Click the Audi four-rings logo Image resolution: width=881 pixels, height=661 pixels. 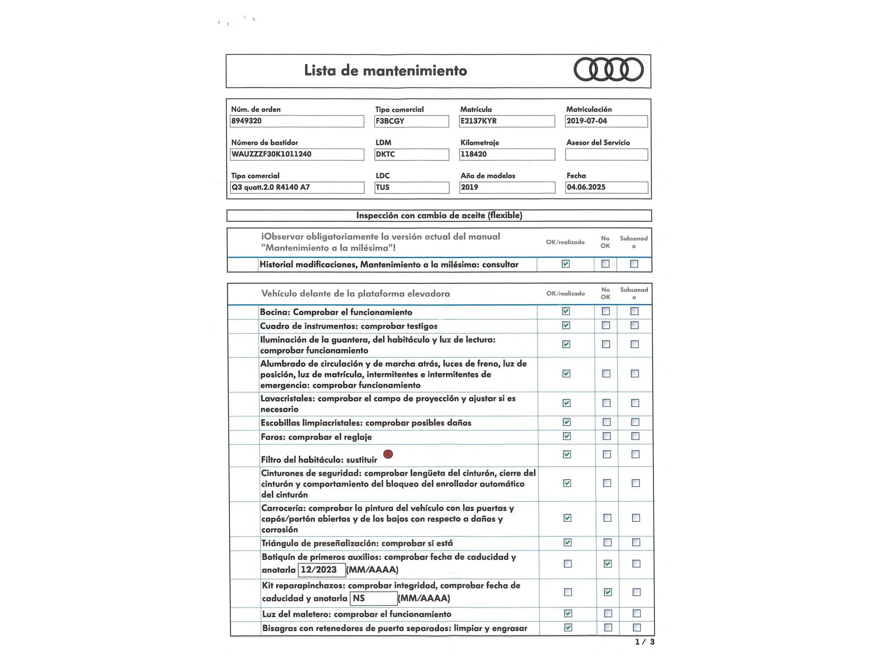tap(608, 70)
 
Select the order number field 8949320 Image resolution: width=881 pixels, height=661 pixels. tap(296, 121)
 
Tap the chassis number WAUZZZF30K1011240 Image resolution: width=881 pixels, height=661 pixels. tap(297, 154)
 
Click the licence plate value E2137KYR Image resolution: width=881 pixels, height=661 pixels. tap(507, 121)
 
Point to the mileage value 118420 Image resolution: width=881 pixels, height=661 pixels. tap(507, 154)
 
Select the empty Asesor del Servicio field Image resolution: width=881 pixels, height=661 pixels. tap(606, 154)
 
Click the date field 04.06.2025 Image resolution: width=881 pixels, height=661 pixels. tap(606, 187)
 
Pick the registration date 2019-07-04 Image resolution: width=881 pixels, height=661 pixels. tap(606, 121)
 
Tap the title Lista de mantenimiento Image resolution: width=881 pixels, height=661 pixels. tap(385, 71)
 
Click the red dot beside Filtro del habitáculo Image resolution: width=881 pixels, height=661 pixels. tap(388, 454)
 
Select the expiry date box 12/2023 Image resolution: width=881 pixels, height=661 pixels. tap(322, 570)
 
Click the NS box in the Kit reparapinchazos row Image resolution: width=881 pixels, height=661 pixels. tap(374, 598)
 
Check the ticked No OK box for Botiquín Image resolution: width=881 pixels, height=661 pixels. tap(607, 564)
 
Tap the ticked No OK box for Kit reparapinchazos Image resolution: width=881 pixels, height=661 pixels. tap(608, 592)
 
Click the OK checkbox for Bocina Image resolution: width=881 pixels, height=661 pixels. tap(566, 311)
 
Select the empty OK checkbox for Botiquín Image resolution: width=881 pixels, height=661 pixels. tap(568, 564)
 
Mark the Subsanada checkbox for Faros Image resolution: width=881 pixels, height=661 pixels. tap(635, 436)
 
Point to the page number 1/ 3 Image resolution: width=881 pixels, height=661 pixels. tap(644, 642)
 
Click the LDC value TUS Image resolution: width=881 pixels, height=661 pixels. tap(411, 187)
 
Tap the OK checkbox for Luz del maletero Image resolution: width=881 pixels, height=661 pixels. tap(568, 613)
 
